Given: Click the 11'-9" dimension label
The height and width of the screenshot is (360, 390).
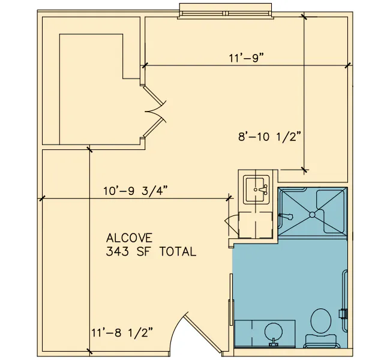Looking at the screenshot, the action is [246, 58].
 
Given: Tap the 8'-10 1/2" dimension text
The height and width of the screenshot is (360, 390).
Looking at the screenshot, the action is [269, 137].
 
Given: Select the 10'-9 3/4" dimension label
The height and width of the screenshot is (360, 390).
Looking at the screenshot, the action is [136, 191].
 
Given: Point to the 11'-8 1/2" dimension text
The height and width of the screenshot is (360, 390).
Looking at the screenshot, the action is [122, 332].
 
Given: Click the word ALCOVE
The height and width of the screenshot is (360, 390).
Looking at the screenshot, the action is [129, 238].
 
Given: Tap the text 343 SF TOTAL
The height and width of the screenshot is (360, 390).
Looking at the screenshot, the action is [151, 251].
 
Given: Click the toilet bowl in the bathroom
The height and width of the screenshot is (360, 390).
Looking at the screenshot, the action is [321, 320].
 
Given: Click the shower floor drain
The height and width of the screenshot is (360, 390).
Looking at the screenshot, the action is [312, 214].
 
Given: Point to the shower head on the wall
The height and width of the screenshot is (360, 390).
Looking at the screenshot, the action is [286, 216].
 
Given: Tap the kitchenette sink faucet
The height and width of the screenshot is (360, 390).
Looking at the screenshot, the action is [263, 190].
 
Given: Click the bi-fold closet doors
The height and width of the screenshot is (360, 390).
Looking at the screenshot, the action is [154, 112].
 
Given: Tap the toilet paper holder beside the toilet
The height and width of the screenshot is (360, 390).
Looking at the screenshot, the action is [343, 313].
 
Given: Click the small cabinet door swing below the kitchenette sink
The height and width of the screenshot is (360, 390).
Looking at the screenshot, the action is [232, 224].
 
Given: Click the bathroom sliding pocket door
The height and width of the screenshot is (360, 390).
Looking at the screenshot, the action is [232, 299].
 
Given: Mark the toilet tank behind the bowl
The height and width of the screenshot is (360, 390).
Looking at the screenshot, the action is [321, 341].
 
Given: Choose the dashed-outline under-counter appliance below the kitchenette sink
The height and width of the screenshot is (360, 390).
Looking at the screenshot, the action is [256, 224].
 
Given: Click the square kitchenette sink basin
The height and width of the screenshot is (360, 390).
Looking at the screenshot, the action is [256, 190].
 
